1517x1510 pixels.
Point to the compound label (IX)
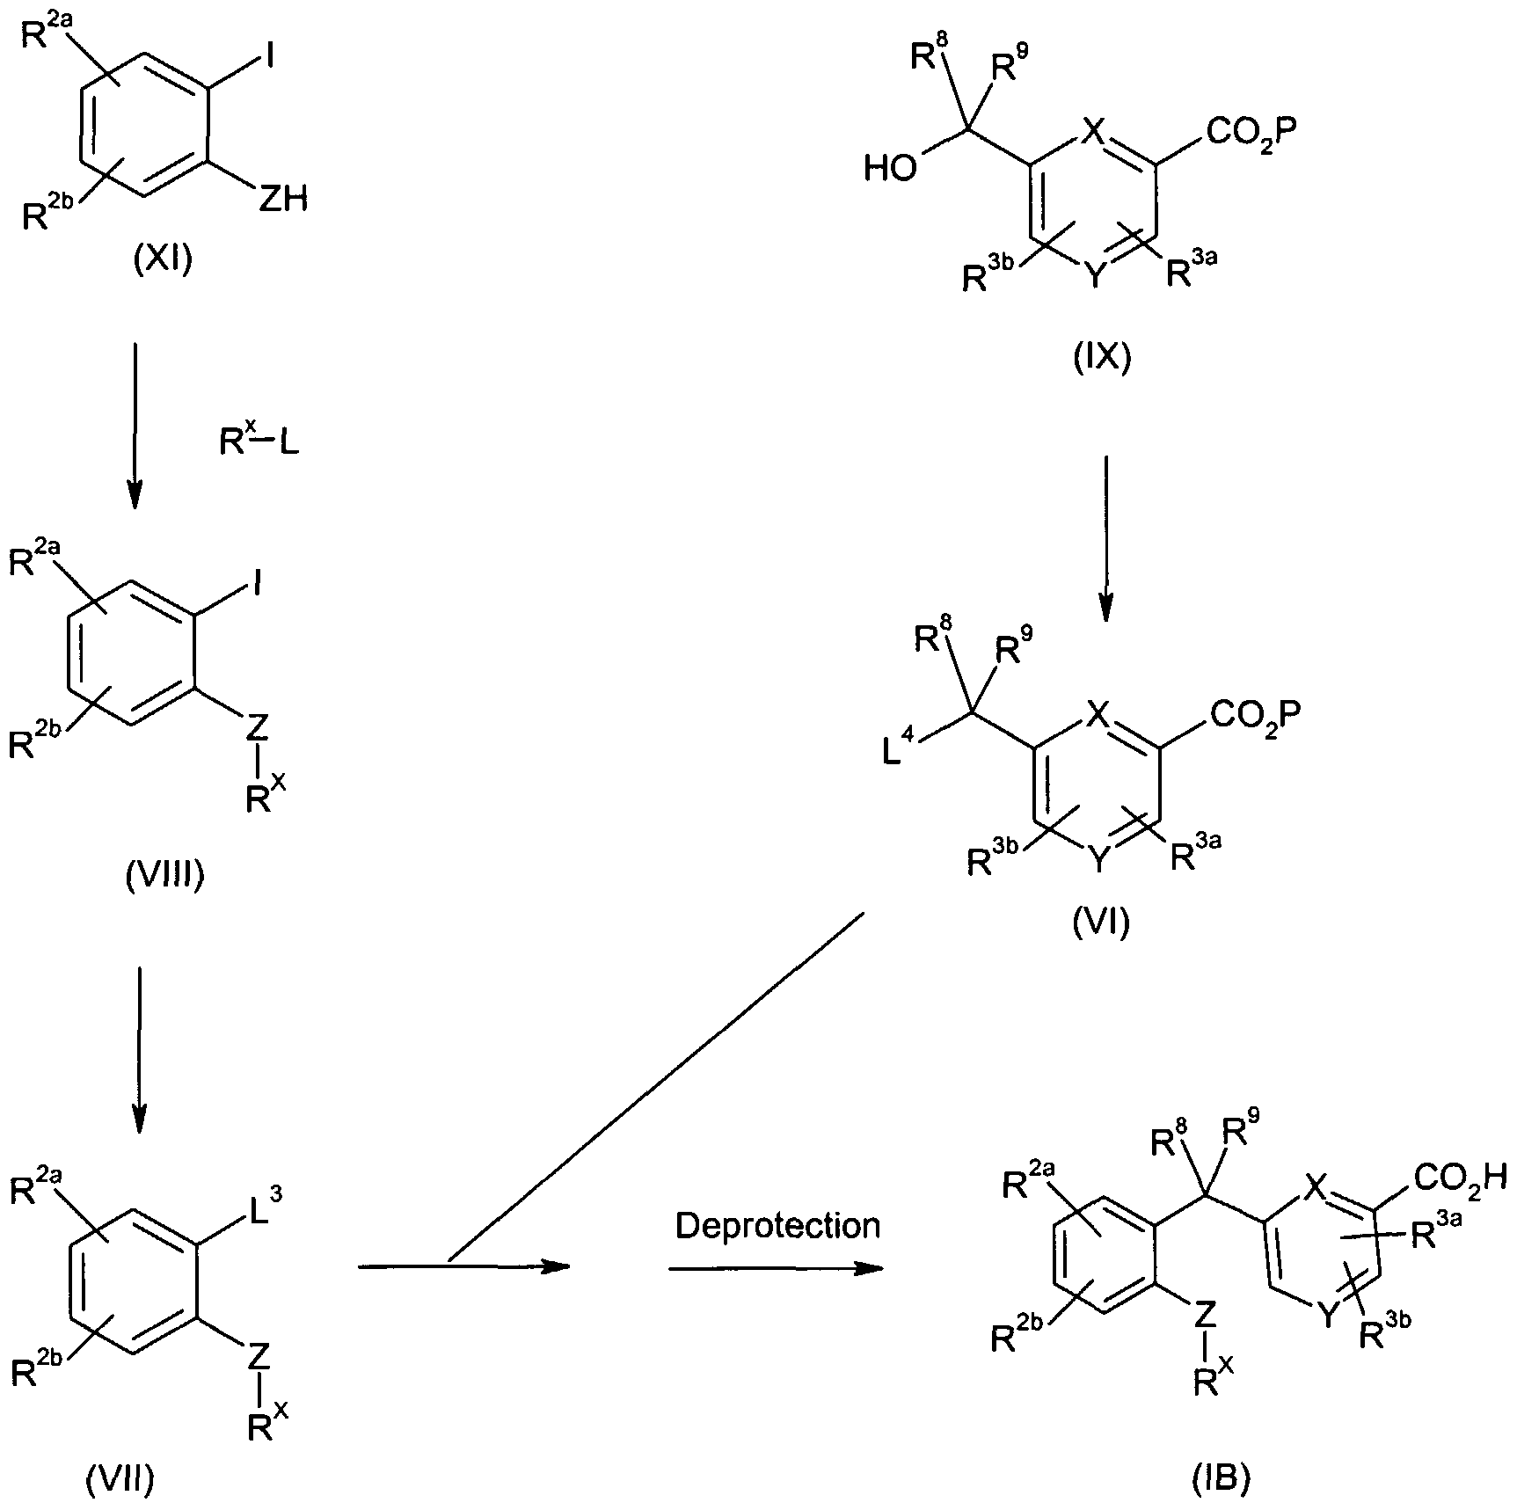point(1102,358)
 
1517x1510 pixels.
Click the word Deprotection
point(777,1225)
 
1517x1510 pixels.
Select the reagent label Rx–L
point(259,440)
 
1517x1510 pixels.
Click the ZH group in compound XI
point(282,201)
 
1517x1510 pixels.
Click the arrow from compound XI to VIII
point(135,427)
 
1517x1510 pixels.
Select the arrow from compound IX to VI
point(1105,536)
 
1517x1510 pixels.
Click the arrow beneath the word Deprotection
point(775,1269)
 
